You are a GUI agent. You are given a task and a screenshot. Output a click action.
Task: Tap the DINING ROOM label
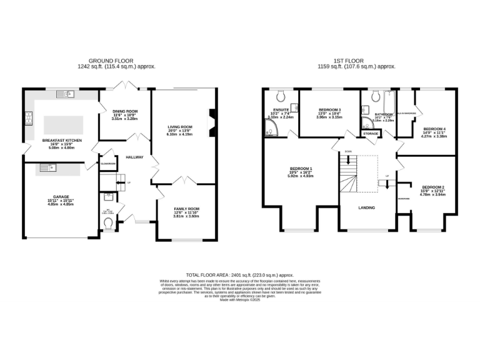click(124, 111)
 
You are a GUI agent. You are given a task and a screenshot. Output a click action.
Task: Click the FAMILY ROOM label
click(186, 209)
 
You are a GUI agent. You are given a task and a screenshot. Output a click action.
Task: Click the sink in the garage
click(47, 167)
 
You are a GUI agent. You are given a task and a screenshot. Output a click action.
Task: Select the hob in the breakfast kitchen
click(29, 118)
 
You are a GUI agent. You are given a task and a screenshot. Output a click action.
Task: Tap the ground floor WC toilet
click(108, 222)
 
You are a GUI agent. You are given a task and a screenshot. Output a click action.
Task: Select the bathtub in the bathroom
click(388, 110)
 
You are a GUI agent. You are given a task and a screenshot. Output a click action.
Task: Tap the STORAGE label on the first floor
click(371, 133)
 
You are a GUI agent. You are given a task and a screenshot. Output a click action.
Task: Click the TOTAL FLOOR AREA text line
click(240, 274)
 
